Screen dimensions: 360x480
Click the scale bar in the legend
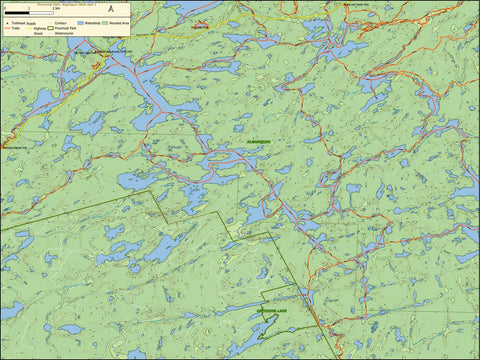pos(29,12)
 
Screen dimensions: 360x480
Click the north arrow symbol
pos(111,9)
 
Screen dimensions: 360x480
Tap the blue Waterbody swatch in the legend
pos(80,23)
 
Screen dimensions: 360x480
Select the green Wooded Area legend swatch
pos(104,23)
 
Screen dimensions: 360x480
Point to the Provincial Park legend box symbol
pos(49,28)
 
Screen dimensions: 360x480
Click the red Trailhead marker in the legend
pos(8,23)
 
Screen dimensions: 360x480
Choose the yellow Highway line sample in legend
pos(29,28)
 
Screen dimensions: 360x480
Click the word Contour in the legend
pos(60,23)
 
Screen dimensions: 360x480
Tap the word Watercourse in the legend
pos(62,34)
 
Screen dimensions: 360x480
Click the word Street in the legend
pos(38,34)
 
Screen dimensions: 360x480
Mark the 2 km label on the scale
pos(57,7)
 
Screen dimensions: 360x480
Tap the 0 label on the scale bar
pos(6,7)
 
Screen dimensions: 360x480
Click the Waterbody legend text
pos(91,23)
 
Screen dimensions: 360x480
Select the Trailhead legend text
pos(17,23)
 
